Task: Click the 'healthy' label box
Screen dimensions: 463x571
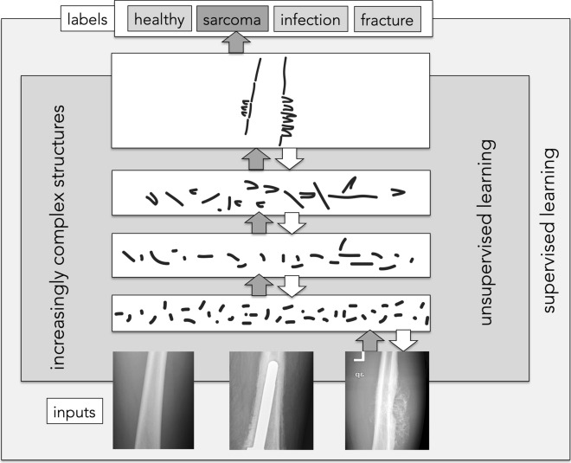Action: click(160, 18)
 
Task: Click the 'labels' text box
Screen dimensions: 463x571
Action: click(87, 18)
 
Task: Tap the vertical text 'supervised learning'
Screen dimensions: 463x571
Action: click(549, 230)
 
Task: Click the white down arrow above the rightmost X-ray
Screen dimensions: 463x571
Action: click(401, 340)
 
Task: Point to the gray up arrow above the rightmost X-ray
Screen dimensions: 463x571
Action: click(369, 340)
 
